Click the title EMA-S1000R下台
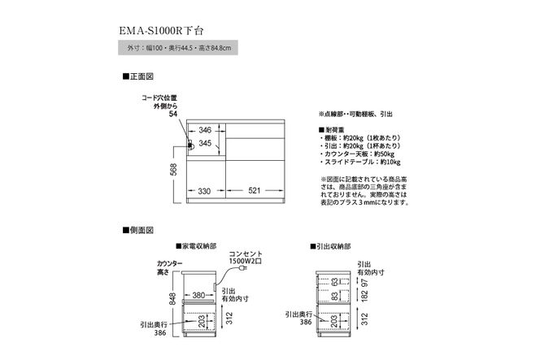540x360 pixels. (x=168, y=31)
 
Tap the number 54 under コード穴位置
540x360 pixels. (x=172, y=115)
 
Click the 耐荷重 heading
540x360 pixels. (x=333, y=130)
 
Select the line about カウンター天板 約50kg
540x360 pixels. (x=361, y=153)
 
